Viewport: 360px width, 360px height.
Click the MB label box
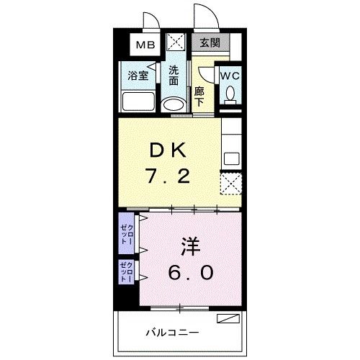146,45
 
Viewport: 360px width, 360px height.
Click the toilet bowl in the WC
231,94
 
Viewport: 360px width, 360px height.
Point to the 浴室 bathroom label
138,75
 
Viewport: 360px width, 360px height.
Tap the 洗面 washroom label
174,76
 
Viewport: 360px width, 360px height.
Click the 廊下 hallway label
199,96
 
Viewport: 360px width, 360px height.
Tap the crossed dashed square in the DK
230,184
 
